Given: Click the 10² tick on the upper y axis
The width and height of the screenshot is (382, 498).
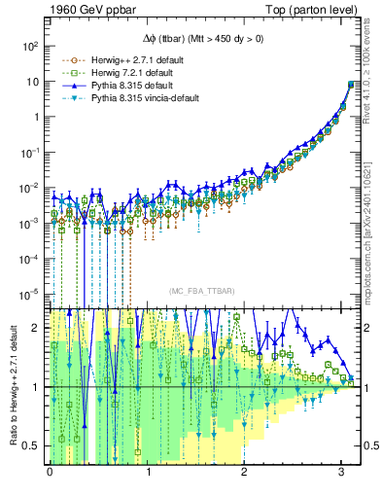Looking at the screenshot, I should pyautogui.click(x=29, y=46).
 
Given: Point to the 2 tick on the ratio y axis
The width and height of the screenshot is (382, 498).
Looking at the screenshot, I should pyautogui.click(x=36, y=328).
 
